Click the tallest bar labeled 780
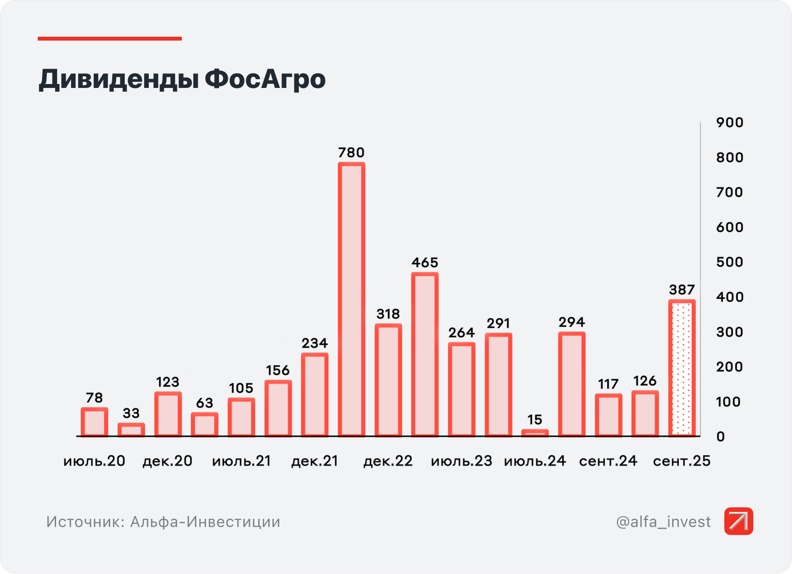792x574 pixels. (352, 300)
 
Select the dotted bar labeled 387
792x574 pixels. (682, 368)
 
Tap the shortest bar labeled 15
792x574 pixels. (535, 433)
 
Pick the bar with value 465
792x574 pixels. (425, 355)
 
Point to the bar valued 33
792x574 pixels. (131, 430)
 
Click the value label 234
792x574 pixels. (315, 344)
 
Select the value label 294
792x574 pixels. (572, 322)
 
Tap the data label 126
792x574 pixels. (645, 381)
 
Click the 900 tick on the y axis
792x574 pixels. (730, 123)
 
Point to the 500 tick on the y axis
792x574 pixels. (730, 262)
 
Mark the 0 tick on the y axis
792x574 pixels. (720, 437)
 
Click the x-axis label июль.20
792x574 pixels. (94, 461)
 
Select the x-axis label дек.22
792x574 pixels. (388, 461)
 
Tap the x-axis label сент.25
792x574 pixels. (682, 461)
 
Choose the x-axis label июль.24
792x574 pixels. (535, 461)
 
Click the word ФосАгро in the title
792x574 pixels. (265, 79)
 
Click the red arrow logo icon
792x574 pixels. (738, 521)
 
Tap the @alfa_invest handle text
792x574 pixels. (663, 522)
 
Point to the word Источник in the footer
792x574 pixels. (85, 522)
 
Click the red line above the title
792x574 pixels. (110, 39)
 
